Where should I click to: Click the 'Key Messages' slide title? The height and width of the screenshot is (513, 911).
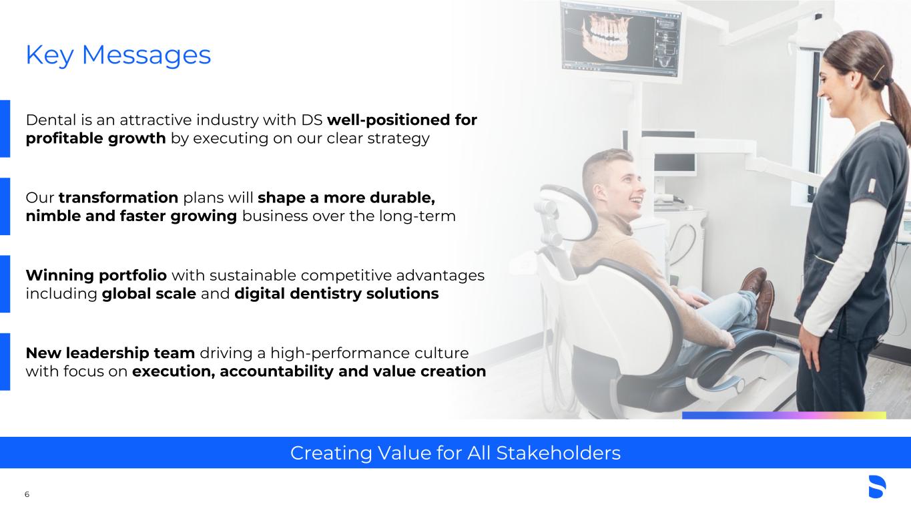tap(118, 55)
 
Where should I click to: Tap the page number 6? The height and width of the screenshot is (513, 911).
tap(27, 494)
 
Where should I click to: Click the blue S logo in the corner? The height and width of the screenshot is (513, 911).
tap(877, 486)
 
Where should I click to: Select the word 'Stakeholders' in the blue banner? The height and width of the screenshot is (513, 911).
tap(559, 453)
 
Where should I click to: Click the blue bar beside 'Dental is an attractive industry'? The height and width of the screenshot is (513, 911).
tap(5, 129)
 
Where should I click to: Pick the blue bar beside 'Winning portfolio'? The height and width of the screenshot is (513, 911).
tap(5, 284)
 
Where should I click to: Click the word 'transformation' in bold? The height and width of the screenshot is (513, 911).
tap(118, 198)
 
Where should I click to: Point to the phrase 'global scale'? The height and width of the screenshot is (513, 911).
tap(149, 293)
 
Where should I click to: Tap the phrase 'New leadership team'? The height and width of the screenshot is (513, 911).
tap(110, 353)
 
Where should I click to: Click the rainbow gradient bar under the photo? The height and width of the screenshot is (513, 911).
tap(784, 415)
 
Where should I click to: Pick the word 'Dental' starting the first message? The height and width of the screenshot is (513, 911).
tap(51, 120)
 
